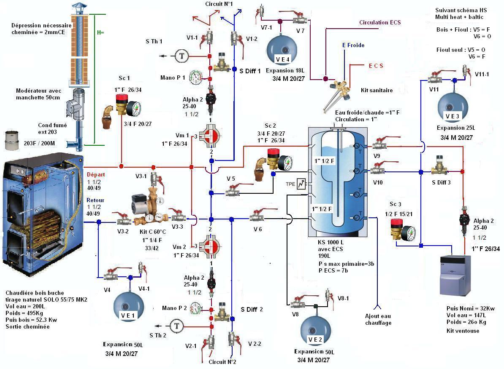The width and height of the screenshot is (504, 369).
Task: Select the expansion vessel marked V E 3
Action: tap(452, 106)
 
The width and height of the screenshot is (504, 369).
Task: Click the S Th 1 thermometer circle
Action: tap(182, 56)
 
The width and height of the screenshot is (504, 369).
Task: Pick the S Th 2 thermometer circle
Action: tap(176, 326)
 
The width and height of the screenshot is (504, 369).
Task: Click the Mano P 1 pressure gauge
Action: tap(196, 77)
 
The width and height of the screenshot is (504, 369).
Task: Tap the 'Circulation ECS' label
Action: tap(380, 22)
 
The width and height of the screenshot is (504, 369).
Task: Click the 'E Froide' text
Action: tap(353, 45)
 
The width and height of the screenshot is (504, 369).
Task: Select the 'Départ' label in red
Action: tap(95, 174)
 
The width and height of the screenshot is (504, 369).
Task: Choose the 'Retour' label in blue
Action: tap(95, 201)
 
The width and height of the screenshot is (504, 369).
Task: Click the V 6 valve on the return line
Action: tap(256, 217)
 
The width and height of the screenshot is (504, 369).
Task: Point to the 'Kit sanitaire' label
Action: tap(377, 90)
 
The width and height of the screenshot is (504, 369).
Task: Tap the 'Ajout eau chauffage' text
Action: tap(378, 319)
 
